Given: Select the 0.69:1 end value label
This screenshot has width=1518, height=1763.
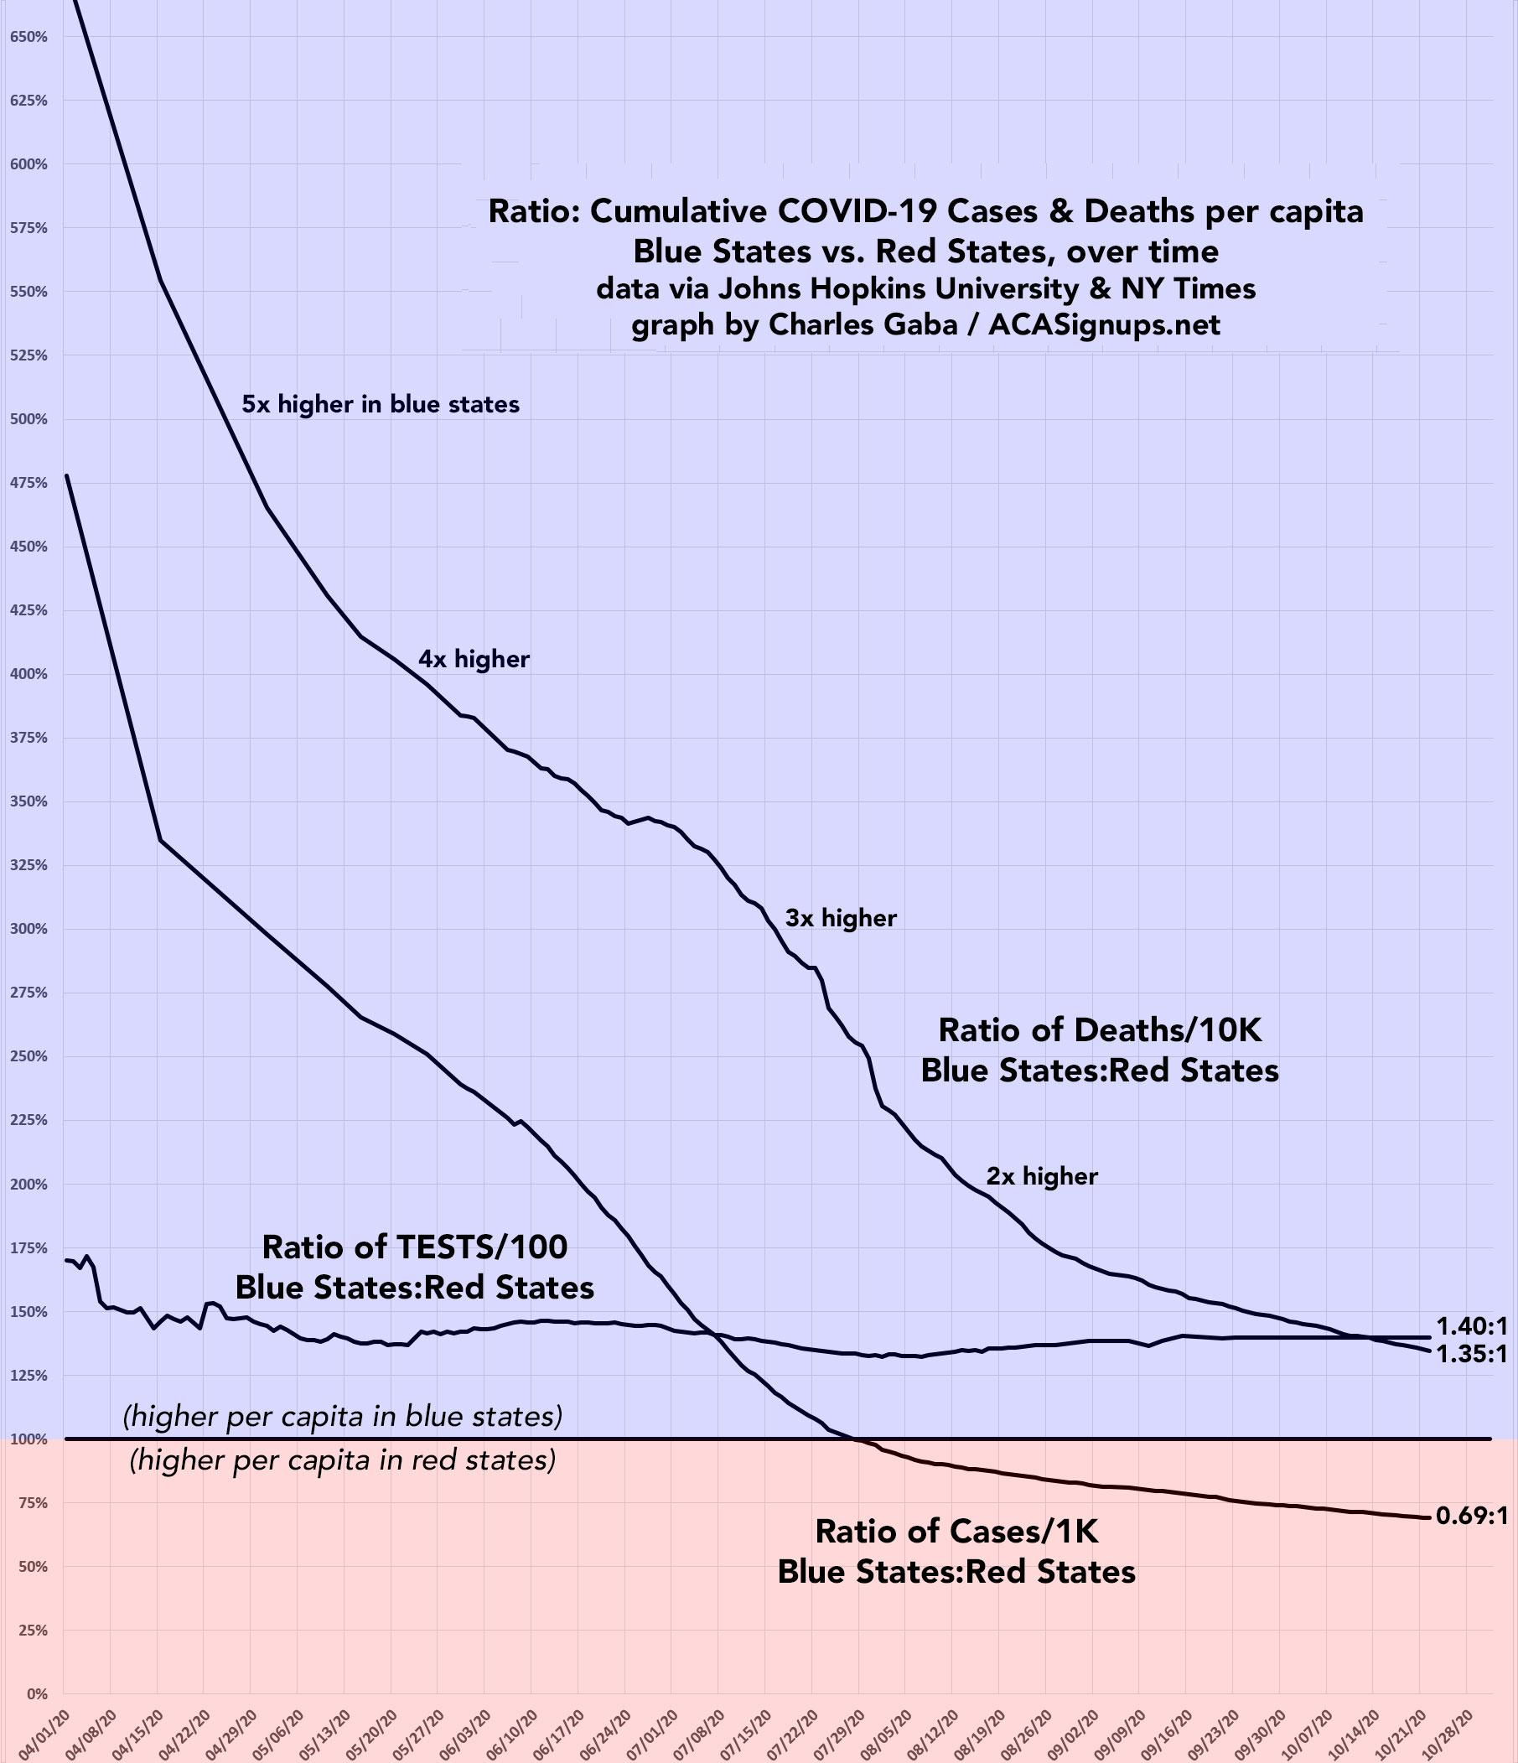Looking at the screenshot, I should point(1471,1516).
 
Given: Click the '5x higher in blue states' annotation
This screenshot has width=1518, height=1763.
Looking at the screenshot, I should point(381,404).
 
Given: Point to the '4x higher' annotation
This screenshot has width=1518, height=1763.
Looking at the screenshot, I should point(473,660).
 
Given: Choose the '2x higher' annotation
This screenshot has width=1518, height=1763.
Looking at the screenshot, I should point(1042,1177).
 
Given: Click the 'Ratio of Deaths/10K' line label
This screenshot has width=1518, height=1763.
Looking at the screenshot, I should point(1100,1030).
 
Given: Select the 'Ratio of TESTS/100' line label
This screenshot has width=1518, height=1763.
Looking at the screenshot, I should point(414,1247).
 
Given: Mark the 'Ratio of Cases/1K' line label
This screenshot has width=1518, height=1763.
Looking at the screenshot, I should point(956,1532).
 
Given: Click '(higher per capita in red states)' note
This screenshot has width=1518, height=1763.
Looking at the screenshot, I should point(342,1461).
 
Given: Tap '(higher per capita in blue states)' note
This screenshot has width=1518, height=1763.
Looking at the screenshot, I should point(342,1417).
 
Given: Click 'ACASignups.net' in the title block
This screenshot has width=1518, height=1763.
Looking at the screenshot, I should point(1104,324).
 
